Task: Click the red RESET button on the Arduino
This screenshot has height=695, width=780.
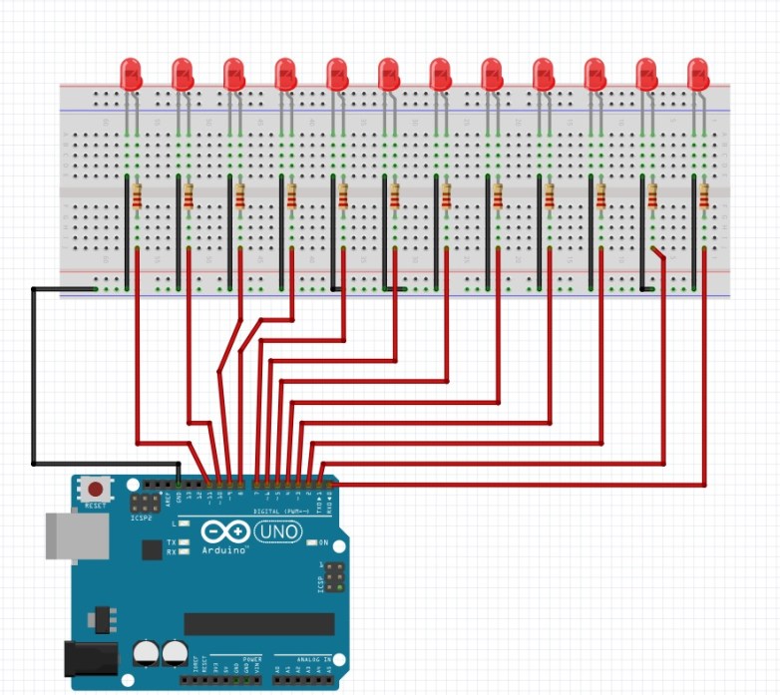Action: pos(96,490)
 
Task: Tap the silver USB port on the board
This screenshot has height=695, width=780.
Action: pos(76,535)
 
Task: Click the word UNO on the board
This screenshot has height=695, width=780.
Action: pos(278,532)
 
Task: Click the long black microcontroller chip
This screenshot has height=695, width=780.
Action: pos(259,624)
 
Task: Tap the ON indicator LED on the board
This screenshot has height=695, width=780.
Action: pos(311,542)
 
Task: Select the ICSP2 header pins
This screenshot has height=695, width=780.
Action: pos(143,504)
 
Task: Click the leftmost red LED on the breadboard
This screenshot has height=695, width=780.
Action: pos(131,74)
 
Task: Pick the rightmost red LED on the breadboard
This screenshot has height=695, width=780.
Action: pos(698,74)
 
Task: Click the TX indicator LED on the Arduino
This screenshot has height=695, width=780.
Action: pos(184,542)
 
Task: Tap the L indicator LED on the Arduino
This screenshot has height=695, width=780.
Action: pos(184,522)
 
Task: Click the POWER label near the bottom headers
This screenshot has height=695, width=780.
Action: pos(252,660)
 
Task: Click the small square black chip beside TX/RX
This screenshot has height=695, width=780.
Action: pos(152,549)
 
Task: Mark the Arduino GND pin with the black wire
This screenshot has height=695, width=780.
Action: pos(179,485)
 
